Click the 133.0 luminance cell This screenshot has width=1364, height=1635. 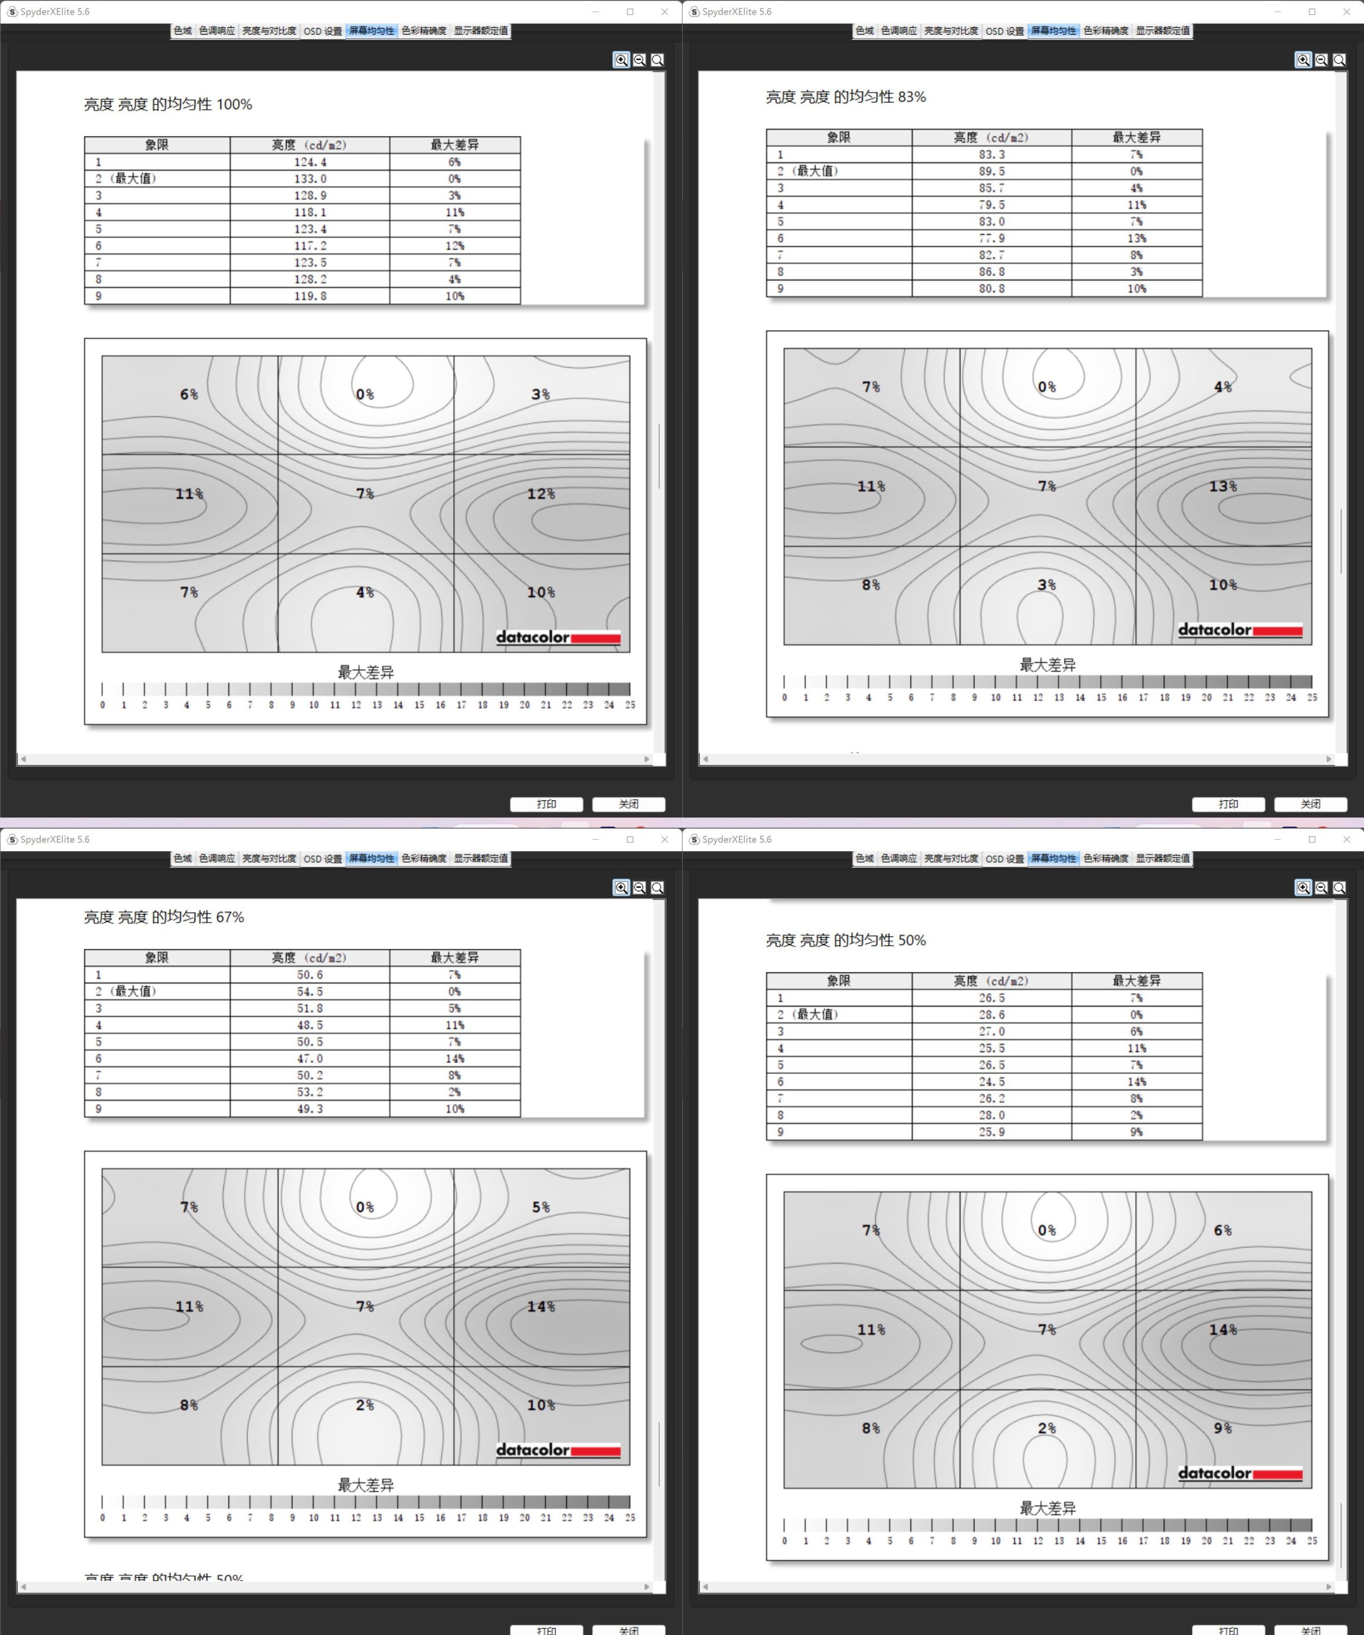(x=310, y=179)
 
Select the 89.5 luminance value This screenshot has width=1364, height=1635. (x=992, y=171)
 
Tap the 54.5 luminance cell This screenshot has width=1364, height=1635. (x=310, y=992)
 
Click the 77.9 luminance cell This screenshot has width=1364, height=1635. (x=992, y=238)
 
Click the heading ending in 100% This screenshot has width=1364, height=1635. (x=168, y=104)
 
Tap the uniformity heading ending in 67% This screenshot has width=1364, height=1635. (x=164, y=917)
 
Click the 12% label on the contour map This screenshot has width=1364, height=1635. (x=541, y=494)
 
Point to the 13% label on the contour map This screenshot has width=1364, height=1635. (x=1223, y=486)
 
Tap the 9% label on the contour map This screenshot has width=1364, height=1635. (x=1223, y=1428)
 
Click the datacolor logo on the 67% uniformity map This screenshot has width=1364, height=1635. (x=558, y=1450)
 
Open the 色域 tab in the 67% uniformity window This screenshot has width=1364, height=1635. (x=182, y=858)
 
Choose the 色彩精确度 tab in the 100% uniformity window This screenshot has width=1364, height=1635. (x=424, y=31)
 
